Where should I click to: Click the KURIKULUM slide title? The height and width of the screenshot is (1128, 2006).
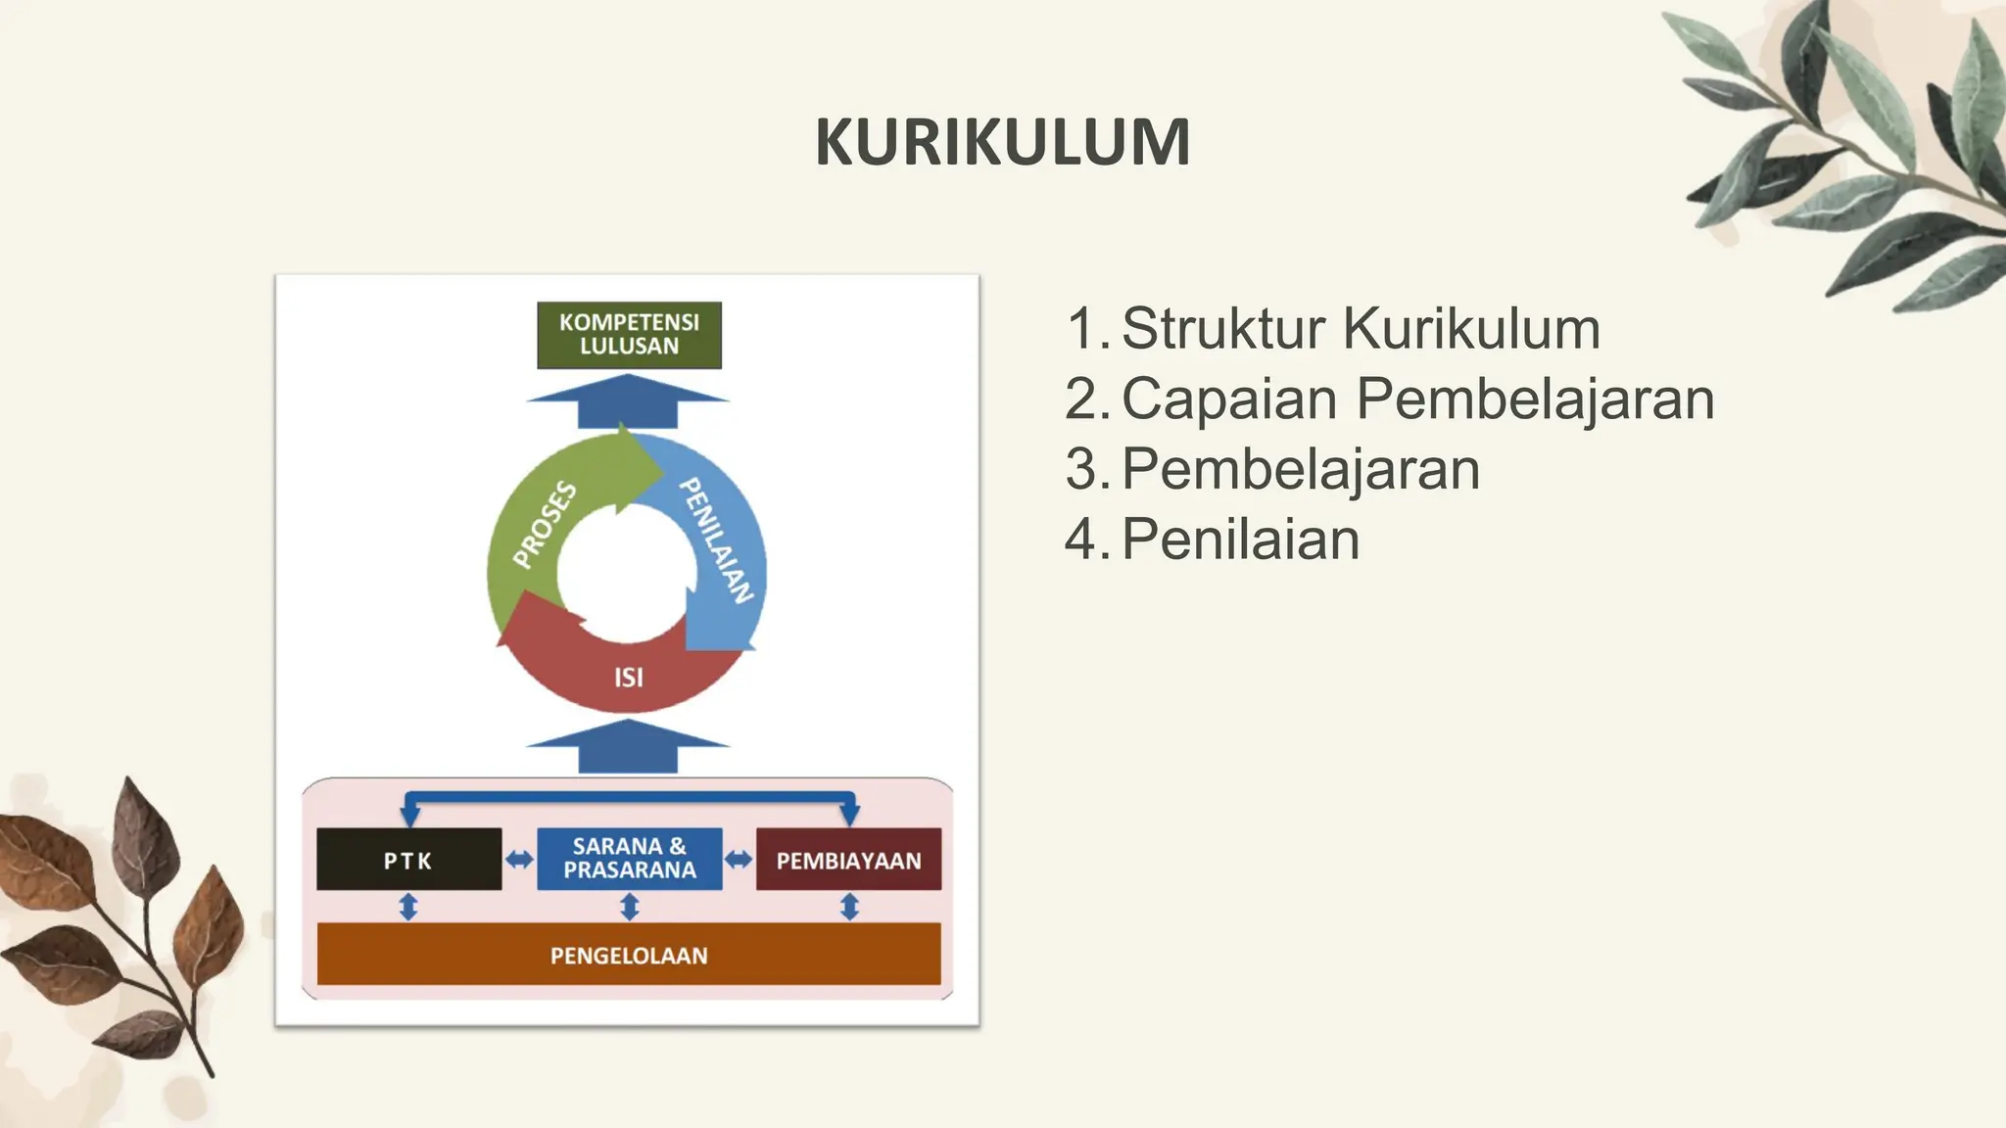point(1002,143)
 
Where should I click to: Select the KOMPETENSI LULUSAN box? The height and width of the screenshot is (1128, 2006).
point(629,335)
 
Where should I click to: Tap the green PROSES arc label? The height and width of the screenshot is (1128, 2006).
point(546,524)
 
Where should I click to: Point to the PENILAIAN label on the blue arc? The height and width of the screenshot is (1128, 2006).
point(717,540)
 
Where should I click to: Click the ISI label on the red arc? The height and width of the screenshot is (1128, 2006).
point(629,677)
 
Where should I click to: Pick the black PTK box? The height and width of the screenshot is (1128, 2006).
point(408,860)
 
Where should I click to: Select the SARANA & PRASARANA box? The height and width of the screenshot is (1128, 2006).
point(629,859)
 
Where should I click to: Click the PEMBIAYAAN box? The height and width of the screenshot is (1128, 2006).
point(848,860)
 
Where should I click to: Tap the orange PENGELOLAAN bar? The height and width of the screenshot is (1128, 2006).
point(629,955)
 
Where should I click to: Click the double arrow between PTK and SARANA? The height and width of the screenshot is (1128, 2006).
point(519,860)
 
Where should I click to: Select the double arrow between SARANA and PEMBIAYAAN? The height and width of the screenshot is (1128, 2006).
point(739,860)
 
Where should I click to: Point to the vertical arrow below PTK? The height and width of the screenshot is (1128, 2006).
point(408,907)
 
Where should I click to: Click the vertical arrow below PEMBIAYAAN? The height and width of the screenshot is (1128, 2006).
point(849,907)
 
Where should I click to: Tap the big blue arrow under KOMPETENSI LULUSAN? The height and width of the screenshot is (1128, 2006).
point(628,402)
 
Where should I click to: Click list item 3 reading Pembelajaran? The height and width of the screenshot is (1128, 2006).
point(1300,469)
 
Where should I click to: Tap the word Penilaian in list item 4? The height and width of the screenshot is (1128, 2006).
point(1240,540)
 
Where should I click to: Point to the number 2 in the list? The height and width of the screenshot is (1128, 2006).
point(1082,399)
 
